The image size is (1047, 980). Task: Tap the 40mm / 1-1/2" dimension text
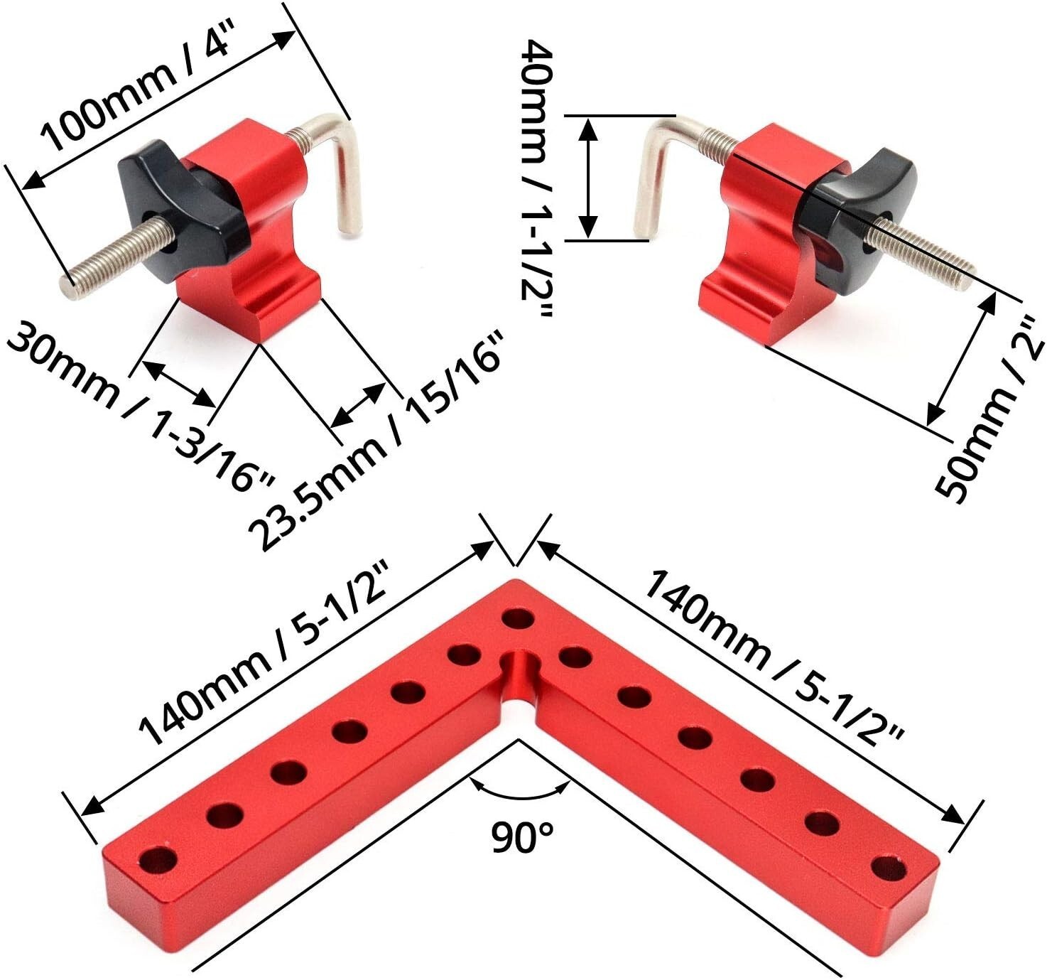pos(536,178)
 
